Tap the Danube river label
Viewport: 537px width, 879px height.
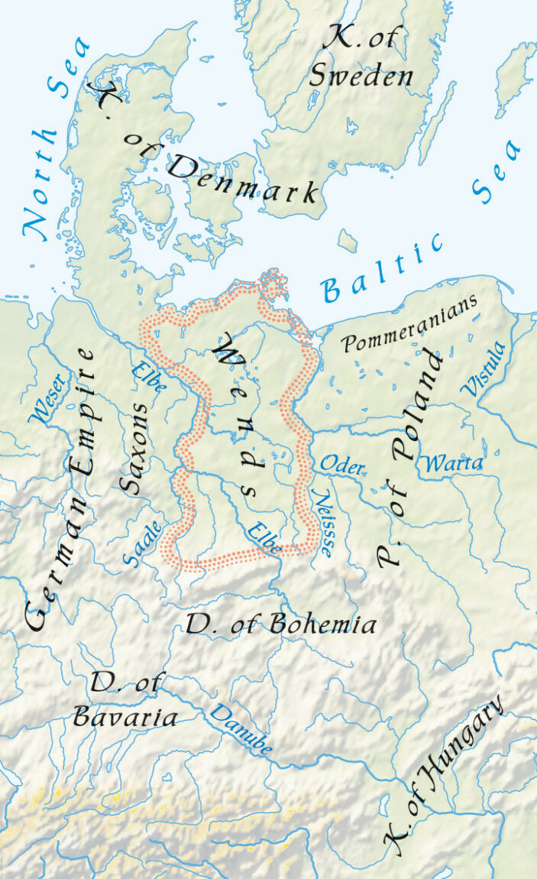[241, 731]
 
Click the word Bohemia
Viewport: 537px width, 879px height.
[320, 625]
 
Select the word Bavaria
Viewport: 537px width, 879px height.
[125, 716]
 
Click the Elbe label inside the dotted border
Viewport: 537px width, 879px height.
[264, 538]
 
